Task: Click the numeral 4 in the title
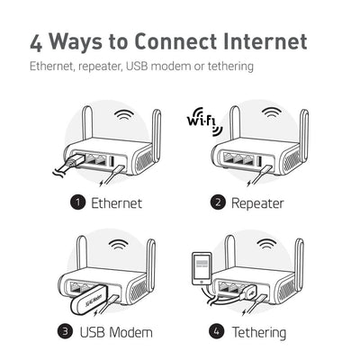(x=38, y=41)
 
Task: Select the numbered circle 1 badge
(x=78, y=202)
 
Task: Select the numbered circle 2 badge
(x=218, y=202)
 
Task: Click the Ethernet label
(x=116, y=202)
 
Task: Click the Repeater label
(x=258, y=202)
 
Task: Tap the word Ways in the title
(x=87, y=41)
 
